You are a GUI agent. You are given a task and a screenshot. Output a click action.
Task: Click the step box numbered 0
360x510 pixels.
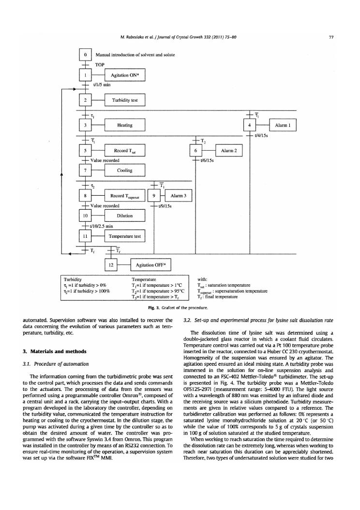(x=85, y=54)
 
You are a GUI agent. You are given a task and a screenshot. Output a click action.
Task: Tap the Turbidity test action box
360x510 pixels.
(x=125, y=100)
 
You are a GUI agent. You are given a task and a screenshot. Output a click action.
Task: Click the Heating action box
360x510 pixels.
(x=125, y=125)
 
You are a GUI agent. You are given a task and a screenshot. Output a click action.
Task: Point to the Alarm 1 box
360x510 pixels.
(x=282, y=125)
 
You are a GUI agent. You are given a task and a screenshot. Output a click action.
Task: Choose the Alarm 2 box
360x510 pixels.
(x=228, y=151)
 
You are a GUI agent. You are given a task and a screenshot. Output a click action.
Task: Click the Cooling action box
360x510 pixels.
(x=125, y=170)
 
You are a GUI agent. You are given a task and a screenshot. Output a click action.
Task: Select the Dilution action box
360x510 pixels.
(x=125, y=216)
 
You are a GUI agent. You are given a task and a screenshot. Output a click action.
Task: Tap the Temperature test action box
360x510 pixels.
(x=125, y=236)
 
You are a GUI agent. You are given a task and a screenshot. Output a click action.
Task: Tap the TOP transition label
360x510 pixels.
(x=101, y=64)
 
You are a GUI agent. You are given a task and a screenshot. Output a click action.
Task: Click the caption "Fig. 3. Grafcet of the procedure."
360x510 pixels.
(x=180, y=308)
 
